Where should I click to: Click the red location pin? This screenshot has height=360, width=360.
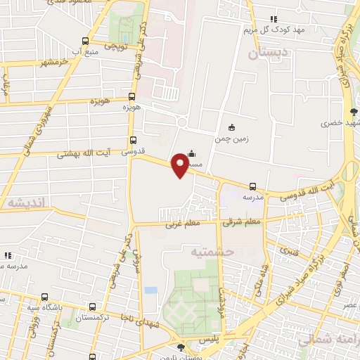point(180,166)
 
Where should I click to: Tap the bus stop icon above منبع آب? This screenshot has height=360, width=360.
point(85,41)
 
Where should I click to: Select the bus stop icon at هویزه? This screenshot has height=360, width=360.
point(131,97)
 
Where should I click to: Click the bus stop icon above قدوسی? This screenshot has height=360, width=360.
point(133,141)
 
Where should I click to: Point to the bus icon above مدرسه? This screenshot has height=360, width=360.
point(252,186)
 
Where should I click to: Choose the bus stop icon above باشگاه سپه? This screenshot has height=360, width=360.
point(45,296)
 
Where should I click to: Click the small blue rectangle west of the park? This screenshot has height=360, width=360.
point(150,290)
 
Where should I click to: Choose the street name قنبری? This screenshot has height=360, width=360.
point(289,250)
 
